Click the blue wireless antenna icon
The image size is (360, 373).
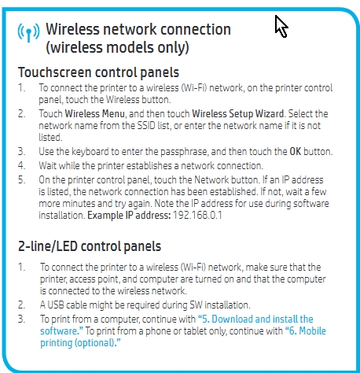coord(28,32)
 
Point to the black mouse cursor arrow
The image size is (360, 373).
coord(281,26)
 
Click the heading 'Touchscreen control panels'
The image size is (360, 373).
coord(98,72)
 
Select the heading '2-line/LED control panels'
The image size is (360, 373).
coord(90,246)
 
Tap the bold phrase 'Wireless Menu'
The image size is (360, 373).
coord(94,114)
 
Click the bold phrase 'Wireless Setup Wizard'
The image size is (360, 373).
coord(238,114)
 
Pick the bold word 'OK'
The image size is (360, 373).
coord(295,152)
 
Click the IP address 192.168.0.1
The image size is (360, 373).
coord(197,216)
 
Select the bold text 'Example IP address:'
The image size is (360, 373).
coord(129,216)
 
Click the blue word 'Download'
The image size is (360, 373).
coord(232,319)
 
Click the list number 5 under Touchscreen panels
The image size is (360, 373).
coord(21,180)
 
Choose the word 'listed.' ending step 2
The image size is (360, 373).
coord(50,138)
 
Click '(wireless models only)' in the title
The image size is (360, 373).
coord(117,48)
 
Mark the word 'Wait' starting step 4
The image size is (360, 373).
coord(47,166)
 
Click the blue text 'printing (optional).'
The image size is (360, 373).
coord(80,343)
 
